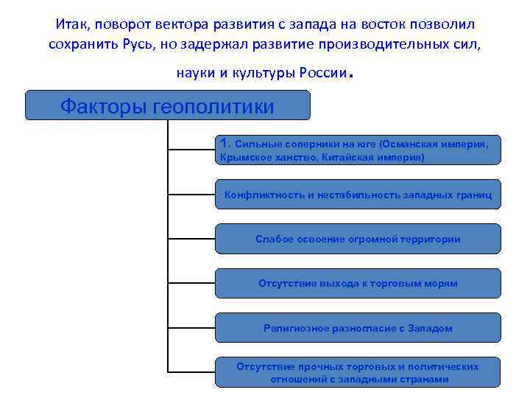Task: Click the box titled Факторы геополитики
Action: click(168, 105)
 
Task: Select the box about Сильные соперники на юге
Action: click(358, 150)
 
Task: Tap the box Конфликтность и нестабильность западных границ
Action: click(358, 195)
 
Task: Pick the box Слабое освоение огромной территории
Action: click(358, 239)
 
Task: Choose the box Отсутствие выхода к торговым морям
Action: click(358, 283)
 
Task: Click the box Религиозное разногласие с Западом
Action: click(358, 328)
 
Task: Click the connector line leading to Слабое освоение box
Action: click(191, 240)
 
